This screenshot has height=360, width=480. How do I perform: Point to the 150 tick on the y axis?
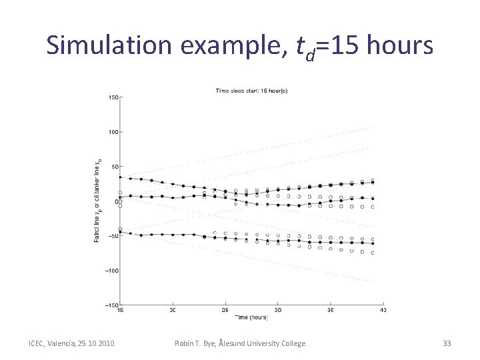click(x=113, y=97)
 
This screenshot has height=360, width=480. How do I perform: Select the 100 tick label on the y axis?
click(x=113, y=132)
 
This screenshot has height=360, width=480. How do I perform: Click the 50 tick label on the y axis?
click(x=115, y=167)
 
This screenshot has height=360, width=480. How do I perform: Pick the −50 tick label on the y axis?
click(x=113, y=236)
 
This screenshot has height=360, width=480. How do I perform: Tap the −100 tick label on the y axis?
click(x=111, y=271)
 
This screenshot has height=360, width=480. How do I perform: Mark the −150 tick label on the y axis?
click(x=111, y=305)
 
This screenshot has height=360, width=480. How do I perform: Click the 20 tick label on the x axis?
click(x=173, y=311)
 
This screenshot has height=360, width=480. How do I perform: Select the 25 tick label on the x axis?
click(x=225, y=311)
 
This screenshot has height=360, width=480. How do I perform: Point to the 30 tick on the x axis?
click(x=279, y=311)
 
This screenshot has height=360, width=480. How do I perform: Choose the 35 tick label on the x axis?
click(x=331, y=311)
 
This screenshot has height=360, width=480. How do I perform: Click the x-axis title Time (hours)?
click(x=252, y=317)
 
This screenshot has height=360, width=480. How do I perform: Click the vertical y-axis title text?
click(x=97, y=200)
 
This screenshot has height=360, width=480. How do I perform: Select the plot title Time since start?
click(x=251, y=91)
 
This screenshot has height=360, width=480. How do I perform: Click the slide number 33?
click(x=447, y=343)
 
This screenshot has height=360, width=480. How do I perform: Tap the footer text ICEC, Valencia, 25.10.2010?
click(x=71, y=343)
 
